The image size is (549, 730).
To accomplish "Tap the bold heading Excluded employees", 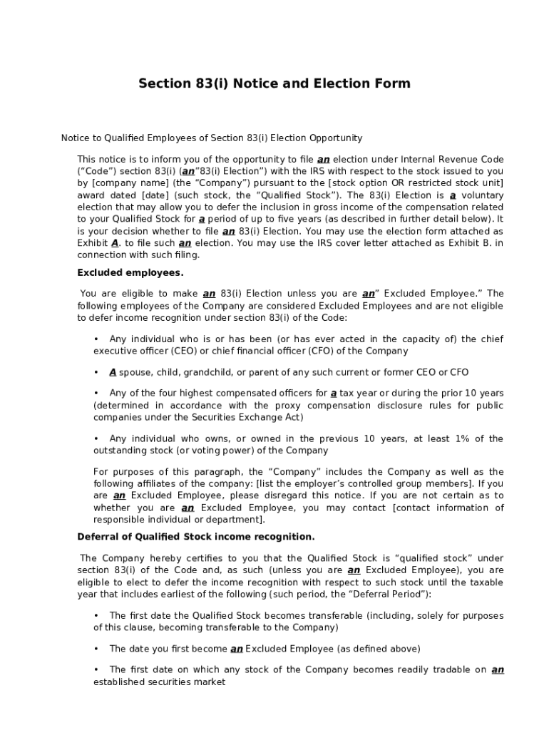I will tap(130, 272).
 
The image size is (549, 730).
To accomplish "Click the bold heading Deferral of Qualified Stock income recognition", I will tap(195, 536).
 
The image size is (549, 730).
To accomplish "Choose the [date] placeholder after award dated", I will tap(155, 195).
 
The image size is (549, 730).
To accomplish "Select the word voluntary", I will tap(481, 195).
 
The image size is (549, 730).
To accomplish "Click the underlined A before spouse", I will tap(113, 372).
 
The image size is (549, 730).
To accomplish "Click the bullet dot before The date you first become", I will tap(96, 649).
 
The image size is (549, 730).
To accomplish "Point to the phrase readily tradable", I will tap(438, 669).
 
